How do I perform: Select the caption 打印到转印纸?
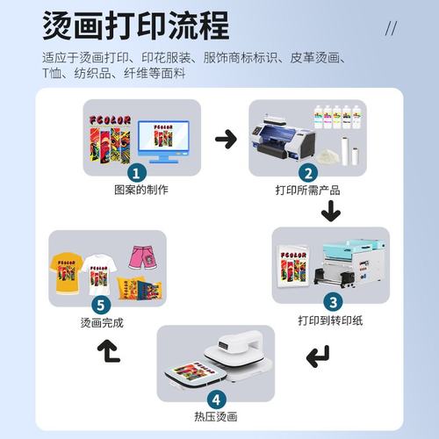[331, 320]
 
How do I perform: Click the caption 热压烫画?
[214, 416]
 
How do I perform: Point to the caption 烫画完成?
[102, 322]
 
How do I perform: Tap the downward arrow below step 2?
[330, 211]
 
